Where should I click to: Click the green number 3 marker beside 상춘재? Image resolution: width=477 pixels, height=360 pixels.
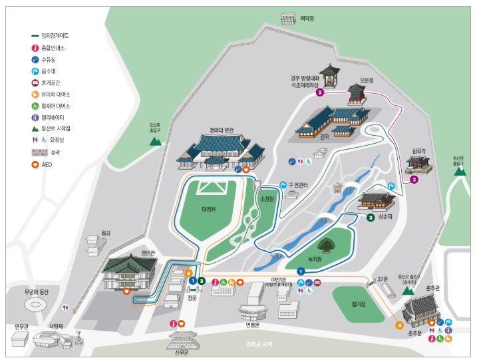pos(371,217)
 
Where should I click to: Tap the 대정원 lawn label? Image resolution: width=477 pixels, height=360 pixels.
pos(210,208)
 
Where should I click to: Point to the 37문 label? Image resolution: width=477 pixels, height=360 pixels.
pos(381,279)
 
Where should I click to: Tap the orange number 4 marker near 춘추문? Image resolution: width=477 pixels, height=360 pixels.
pos(399,325)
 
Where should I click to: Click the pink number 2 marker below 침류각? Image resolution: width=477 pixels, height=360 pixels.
pos(414,180)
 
